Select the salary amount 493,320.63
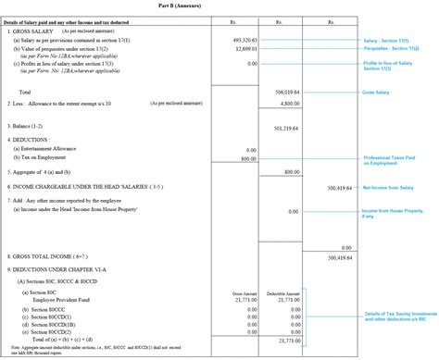(x=244, y=41)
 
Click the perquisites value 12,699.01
(x=245, y=49)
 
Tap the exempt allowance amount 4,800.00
(x=291, y=104)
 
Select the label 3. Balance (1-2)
(x=30, y=127)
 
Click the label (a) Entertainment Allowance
(x=51, y=149)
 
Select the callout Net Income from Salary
(x=387, y=187)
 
